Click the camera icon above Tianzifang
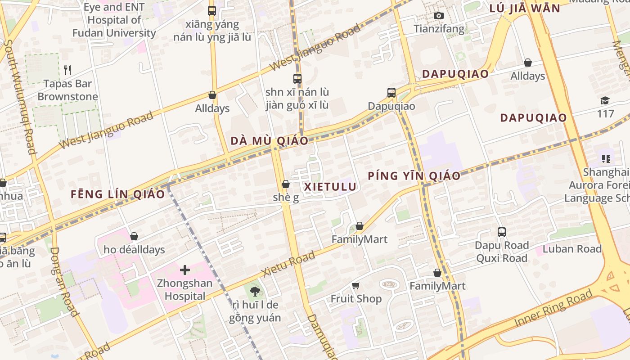coord(439,16)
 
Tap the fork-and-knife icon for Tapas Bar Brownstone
coord(67,70)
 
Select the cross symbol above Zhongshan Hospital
coord(185,270)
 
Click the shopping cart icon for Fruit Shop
coord(356,285)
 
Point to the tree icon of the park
coord(255,291)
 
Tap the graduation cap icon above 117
coord(605,100)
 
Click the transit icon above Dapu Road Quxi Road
coord(502,232)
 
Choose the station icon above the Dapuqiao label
coord(391,93)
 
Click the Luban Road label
coord(572,249)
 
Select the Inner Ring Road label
coord(553,309)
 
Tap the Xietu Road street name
coord(288,264)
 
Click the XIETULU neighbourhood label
coord(330,186)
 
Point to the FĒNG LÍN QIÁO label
coord(118,194)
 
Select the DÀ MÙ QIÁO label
coord(270,141)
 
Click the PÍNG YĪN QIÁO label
coord(414,175)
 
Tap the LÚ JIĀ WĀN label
coord(524,8)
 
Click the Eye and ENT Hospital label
coord(114,20)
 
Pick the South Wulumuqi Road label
coord(20,97)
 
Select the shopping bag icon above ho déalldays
coord(134,236)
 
